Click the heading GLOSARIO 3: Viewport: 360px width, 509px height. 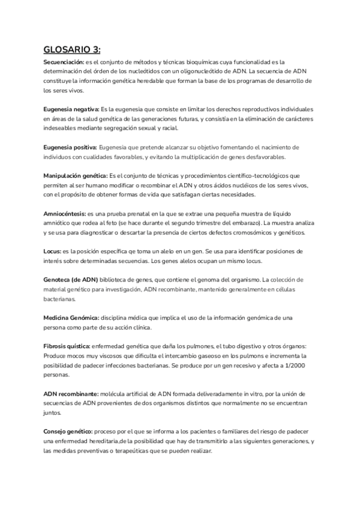coord(71,50)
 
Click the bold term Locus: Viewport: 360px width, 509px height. coord(52,251)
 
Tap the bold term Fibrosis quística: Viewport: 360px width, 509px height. coord(67,347)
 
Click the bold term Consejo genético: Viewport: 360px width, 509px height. coord(68,432)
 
